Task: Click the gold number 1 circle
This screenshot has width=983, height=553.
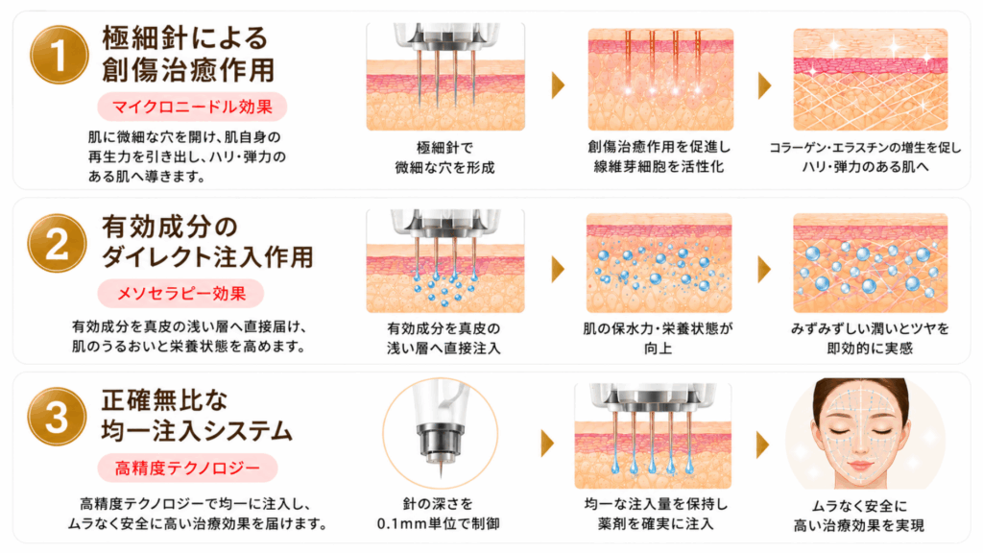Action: [x=59, y=55]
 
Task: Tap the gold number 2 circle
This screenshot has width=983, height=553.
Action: [x=57, y=243]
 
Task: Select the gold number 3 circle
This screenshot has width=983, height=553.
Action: [x=57, y=417]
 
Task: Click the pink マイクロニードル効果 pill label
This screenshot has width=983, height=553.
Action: [x=192, y=107]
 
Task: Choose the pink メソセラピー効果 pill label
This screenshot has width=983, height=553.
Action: [x=181, y=294]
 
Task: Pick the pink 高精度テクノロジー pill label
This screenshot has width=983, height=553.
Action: [x=187, y=468]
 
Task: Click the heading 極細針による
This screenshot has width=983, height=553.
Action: [x=185, y=38]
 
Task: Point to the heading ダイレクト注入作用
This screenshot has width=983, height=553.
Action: [x=207, y=257]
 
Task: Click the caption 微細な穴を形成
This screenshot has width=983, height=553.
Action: [x=445, y=167]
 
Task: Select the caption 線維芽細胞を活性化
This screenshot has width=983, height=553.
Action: [x=659, y=167]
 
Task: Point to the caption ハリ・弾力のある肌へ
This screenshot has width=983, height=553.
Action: [x=866, y=167]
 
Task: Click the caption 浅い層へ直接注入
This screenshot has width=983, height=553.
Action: [x=444, y=348]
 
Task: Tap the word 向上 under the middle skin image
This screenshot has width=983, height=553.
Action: [x=659, y=348]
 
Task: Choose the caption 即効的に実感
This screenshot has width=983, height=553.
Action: [x=870, y=348]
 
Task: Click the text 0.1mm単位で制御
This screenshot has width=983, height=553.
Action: [x=438, y=523]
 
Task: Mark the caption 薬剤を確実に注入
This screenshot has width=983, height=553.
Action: [x=656, y=523]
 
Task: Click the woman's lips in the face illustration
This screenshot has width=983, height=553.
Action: [x=860, y=466]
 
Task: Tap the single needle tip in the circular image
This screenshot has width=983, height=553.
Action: [x=441, y=473]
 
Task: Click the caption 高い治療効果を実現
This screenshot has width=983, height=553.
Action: [x=859, y=525]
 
